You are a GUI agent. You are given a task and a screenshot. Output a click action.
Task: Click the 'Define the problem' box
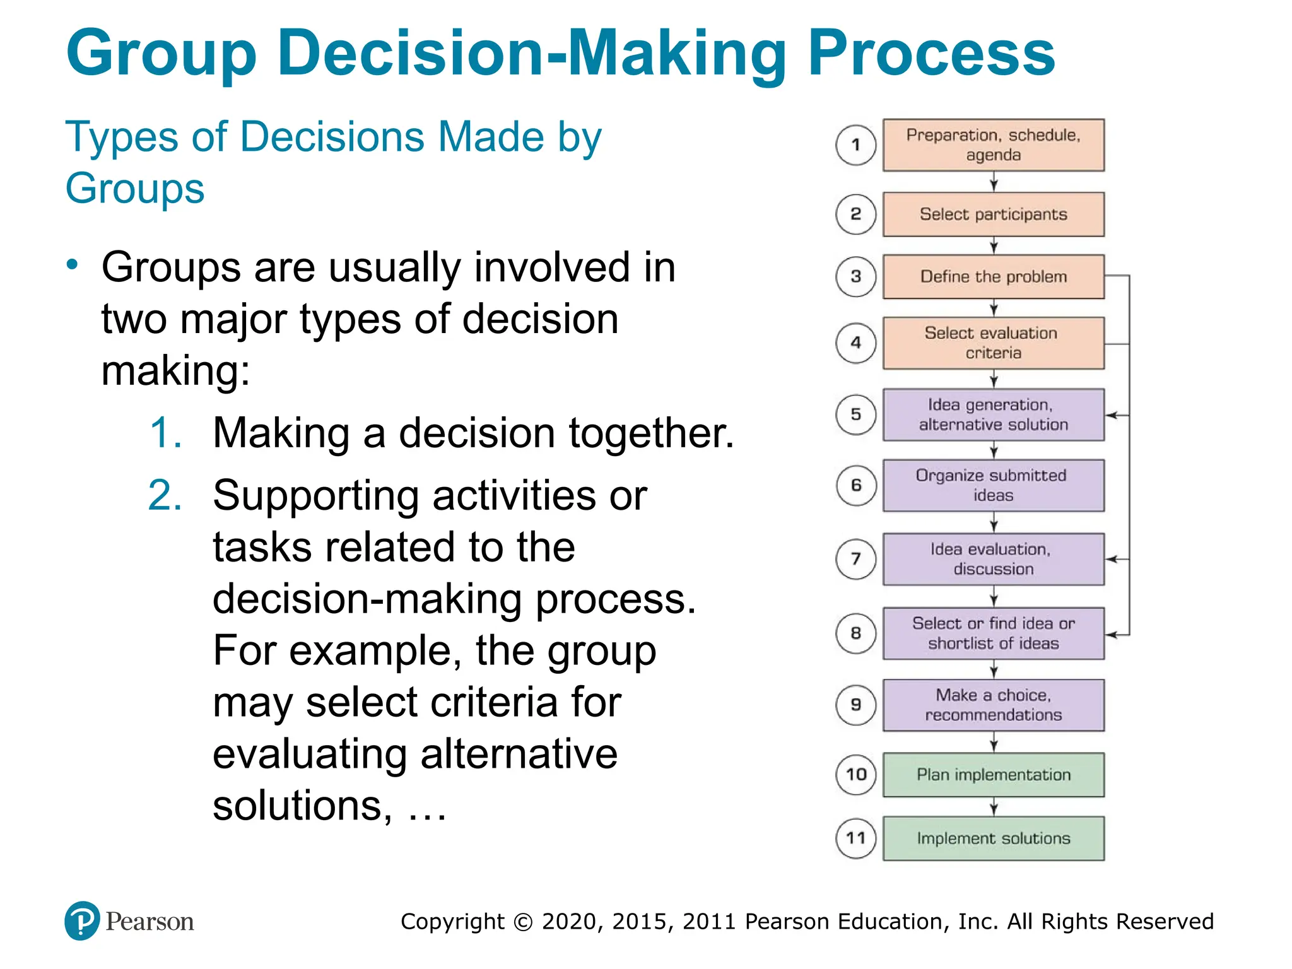[993, 276]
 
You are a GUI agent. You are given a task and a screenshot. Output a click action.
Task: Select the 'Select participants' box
[993, 214]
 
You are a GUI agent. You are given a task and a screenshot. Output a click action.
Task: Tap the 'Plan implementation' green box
[993, 775]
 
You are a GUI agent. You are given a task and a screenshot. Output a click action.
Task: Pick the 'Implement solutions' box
[993, 838]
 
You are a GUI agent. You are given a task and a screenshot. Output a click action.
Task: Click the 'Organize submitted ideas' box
[993, 485]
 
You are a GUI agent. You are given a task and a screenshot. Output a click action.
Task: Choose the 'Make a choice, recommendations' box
[993, 705]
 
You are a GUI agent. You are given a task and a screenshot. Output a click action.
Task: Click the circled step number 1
[856, 145]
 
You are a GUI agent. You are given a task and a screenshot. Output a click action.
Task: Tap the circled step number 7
[856, 559]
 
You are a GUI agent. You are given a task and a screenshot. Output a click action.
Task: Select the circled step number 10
[856, 775]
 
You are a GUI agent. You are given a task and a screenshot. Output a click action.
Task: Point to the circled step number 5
[856, 414]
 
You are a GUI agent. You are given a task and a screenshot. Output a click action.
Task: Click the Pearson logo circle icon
[82, 921]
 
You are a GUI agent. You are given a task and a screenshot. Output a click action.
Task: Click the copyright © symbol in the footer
[523, 922]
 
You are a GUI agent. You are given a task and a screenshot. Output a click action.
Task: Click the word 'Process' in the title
[931, 54]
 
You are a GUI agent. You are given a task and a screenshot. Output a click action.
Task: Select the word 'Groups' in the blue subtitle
[135, 189]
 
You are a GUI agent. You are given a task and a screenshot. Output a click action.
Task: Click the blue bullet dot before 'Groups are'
[73, 264]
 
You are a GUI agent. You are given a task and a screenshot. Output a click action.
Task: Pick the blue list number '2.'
[165, 495]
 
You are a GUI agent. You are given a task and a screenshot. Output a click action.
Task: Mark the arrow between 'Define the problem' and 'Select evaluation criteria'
[994, 308]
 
